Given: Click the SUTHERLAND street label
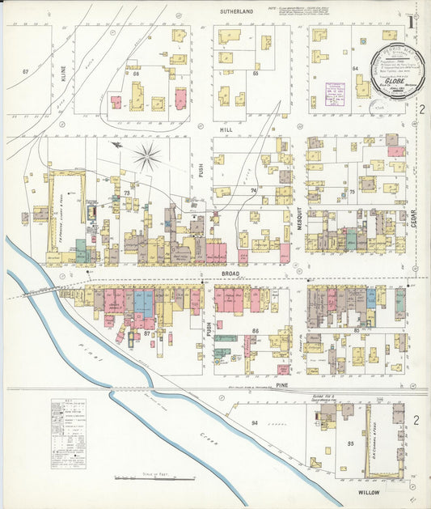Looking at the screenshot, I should click(x=236, y=12).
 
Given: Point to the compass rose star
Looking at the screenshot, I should click(x=147, y=156).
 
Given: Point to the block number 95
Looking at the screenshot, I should click(x=351, y=443).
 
